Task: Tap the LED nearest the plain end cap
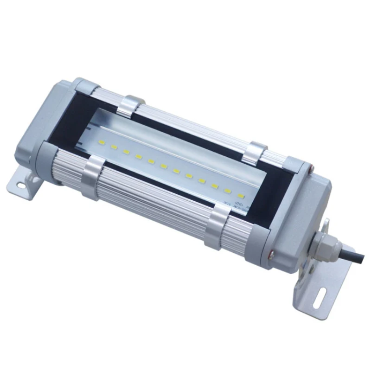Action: coord(102,141)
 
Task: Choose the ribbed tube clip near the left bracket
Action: coord(93,176)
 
